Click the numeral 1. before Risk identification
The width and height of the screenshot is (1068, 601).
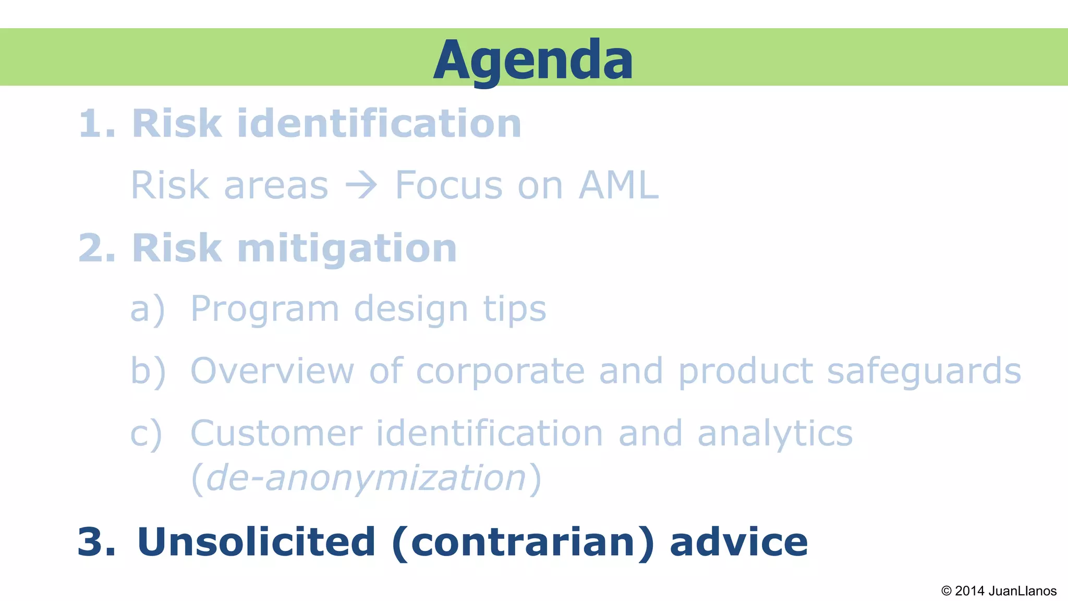click(97, 124)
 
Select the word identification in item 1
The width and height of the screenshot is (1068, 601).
click(379, 124)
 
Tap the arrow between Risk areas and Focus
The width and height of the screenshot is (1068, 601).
click(361, 185)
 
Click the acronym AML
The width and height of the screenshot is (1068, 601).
click(618, 185)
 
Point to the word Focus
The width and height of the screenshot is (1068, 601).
click(449, 185)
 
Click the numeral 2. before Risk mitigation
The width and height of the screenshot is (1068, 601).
click(97, 248)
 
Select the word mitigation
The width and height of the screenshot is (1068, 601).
click(347, 248)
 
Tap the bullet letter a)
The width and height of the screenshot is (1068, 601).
click(148, 309)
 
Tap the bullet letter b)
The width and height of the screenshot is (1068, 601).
click(148, 371)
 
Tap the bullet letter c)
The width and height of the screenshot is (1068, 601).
click(147, 434)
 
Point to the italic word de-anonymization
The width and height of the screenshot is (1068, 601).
click(366, 478)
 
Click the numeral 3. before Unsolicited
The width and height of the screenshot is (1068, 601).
click(97, 542)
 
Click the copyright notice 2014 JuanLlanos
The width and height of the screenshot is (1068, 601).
click(999, 591)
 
